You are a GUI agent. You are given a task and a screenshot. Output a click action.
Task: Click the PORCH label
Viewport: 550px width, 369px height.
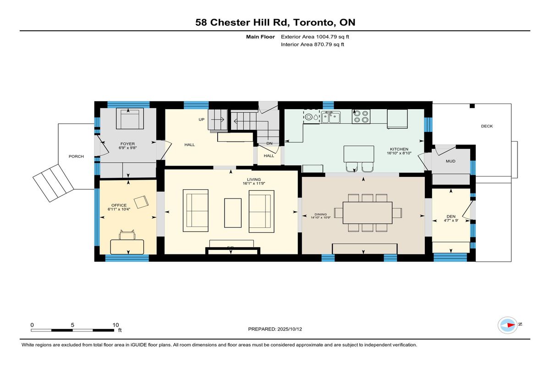click(76, 156)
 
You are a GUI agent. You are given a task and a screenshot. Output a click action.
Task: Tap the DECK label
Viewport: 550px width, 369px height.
click(487, 126)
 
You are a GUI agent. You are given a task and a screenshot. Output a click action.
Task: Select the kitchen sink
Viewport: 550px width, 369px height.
click(331, 117)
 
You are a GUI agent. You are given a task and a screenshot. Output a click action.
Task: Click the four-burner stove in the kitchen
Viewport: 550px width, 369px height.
click(361, 116)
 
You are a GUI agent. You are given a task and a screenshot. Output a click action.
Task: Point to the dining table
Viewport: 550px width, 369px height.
click(367, 213)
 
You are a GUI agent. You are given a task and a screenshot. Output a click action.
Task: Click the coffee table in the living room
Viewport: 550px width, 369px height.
click(233, 213)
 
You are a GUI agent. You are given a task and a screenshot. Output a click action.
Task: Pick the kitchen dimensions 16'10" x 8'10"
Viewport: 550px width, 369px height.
click(399, 153)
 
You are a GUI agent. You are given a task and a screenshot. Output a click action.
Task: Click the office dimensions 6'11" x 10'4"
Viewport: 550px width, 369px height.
click(119, 209)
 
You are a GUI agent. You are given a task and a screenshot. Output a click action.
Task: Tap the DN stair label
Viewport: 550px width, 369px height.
click(269, 143)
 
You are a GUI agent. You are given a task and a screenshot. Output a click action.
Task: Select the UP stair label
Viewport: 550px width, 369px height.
click(201, 120)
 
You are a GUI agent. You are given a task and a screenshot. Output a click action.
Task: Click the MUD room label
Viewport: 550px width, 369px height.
click(451, 161)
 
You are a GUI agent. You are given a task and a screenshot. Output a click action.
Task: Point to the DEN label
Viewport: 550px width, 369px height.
click(451, 216)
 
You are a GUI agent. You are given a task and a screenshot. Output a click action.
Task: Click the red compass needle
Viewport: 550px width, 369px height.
click(511, 325)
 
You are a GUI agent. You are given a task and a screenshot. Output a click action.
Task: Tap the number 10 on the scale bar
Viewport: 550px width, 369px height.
click(115, 325)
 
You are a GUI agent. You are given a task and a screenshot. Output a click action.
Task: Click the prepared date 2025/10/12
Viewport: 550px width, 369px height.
click(290, 329)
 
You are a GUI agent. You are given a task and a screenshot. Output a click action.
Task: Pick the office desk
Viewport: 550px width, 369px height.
click(127, 247)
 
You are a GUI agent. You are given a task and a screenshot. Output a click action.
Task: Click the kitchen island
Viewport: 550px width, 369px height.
click(359, 154)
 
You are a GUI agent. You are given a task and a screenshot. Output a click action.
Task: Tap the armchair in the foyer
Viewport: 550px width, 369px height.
click(130, 119)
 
